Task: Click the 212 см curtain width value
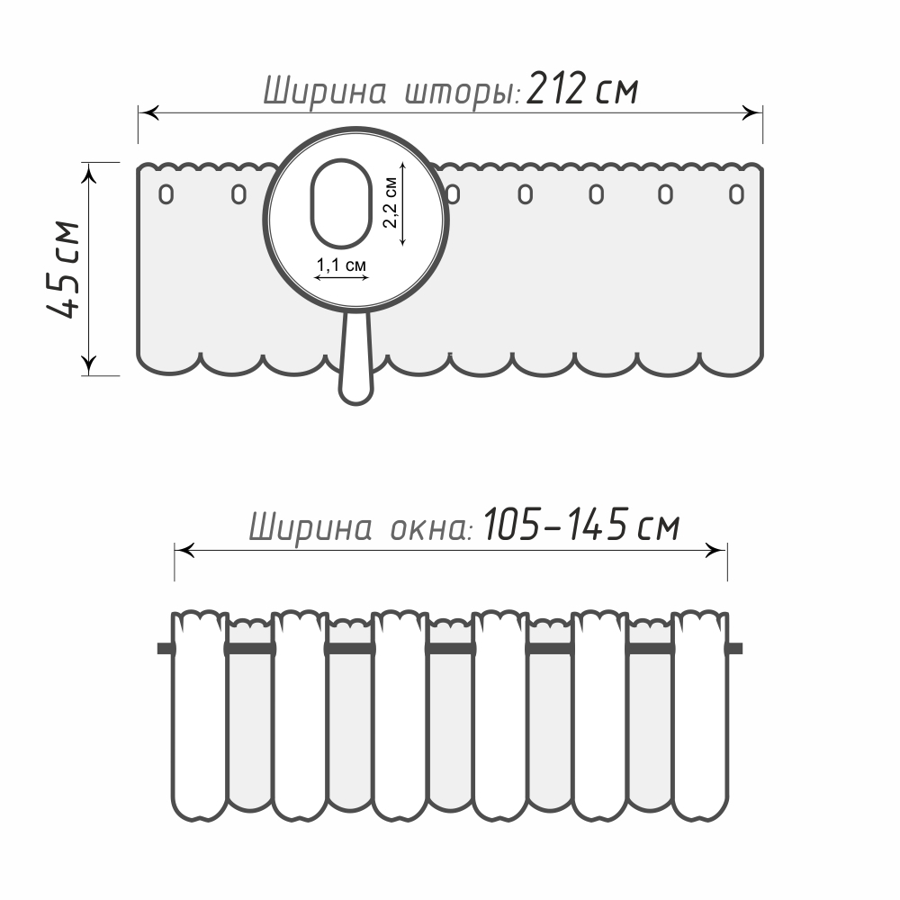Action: coord(582,89)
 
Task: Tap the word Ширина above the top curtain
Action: coord(324,91)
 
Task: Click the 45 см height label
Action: coord(64,268)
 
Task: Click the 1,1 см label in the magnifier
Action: coord(341,265)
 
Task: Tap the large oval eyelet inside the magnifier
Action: coord(341,203)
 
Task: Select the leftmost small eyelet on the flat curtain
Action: coord(166,194)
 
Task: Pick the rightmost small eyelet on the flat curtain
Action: coord(736,194)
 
